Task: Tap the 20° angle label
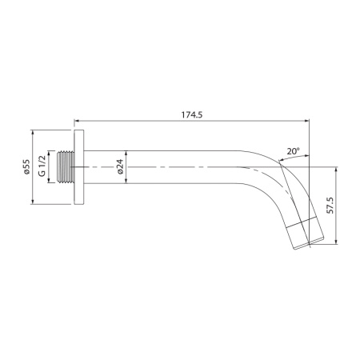(294, 150)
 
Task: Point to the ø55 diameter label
(26, 168)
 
